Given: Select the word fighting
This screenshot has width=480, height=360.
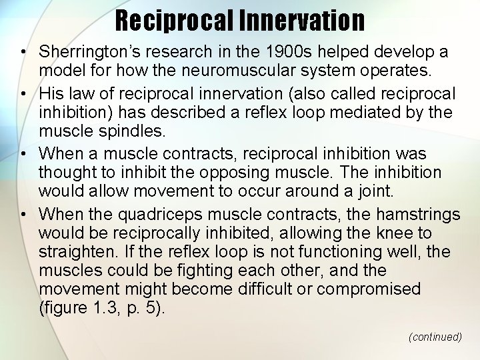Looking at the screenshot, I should tap(187, 271).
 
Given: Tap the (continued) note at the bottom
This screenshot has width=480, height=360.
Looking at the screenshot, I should tap(435, 337).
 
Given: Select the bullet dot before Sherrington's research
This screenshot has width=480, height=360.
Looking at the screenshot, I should tap(23, 51).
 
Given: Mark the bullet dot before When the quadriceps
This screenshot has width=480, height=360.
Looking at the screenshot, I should tap(23, 215).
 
